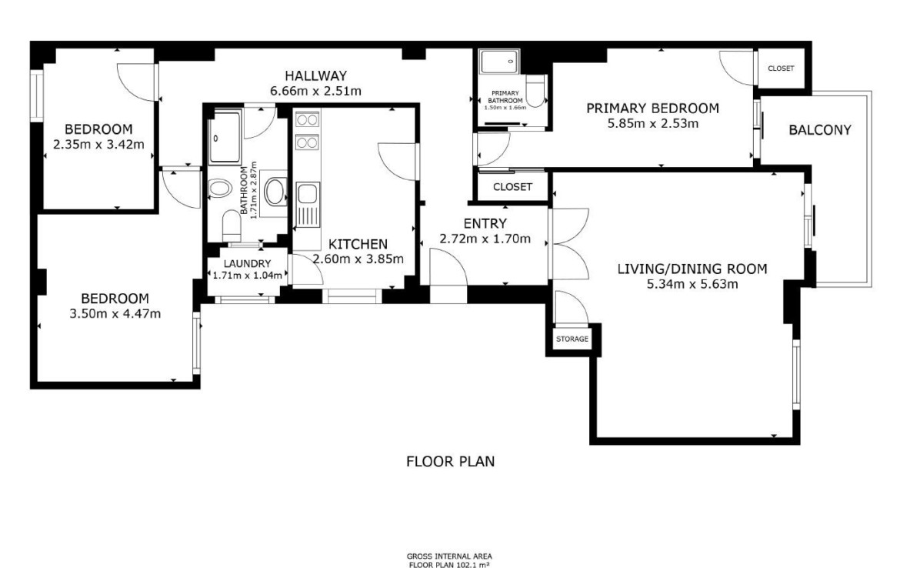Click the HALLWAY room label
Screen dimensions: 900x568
315,75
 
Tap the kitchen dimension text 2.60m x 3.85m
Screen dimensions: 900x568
358,259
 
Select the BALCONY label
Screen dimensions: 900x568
820,130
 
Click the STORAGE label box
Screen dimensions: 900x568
572,339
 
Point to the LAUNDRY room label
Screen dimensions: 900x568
248,264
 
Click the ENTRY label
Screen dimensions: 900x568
485,223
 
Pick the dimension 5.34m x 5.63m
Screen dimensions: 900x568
692,284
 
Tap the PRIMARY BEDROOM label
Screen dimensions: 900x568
652,108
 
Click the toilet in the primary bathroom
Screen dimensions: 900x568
535,92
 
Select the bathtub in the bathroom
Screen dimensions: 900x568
225,138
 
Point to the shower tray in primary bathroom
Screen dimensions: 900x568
501,62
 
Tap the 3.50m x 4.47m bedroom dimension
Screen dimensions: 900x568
115,313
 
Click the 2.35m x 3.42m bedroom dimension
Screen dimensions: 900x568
98,144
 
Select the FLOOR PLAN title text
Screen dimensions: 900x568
451,461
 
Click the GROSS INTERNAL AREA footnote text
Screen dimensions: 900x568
449,556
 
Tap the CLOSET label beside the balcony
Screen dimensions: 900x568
781,68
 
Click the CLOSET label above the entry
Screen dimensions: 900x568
512,187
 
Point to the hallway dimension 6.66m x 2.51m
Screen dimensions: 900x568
315,91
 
